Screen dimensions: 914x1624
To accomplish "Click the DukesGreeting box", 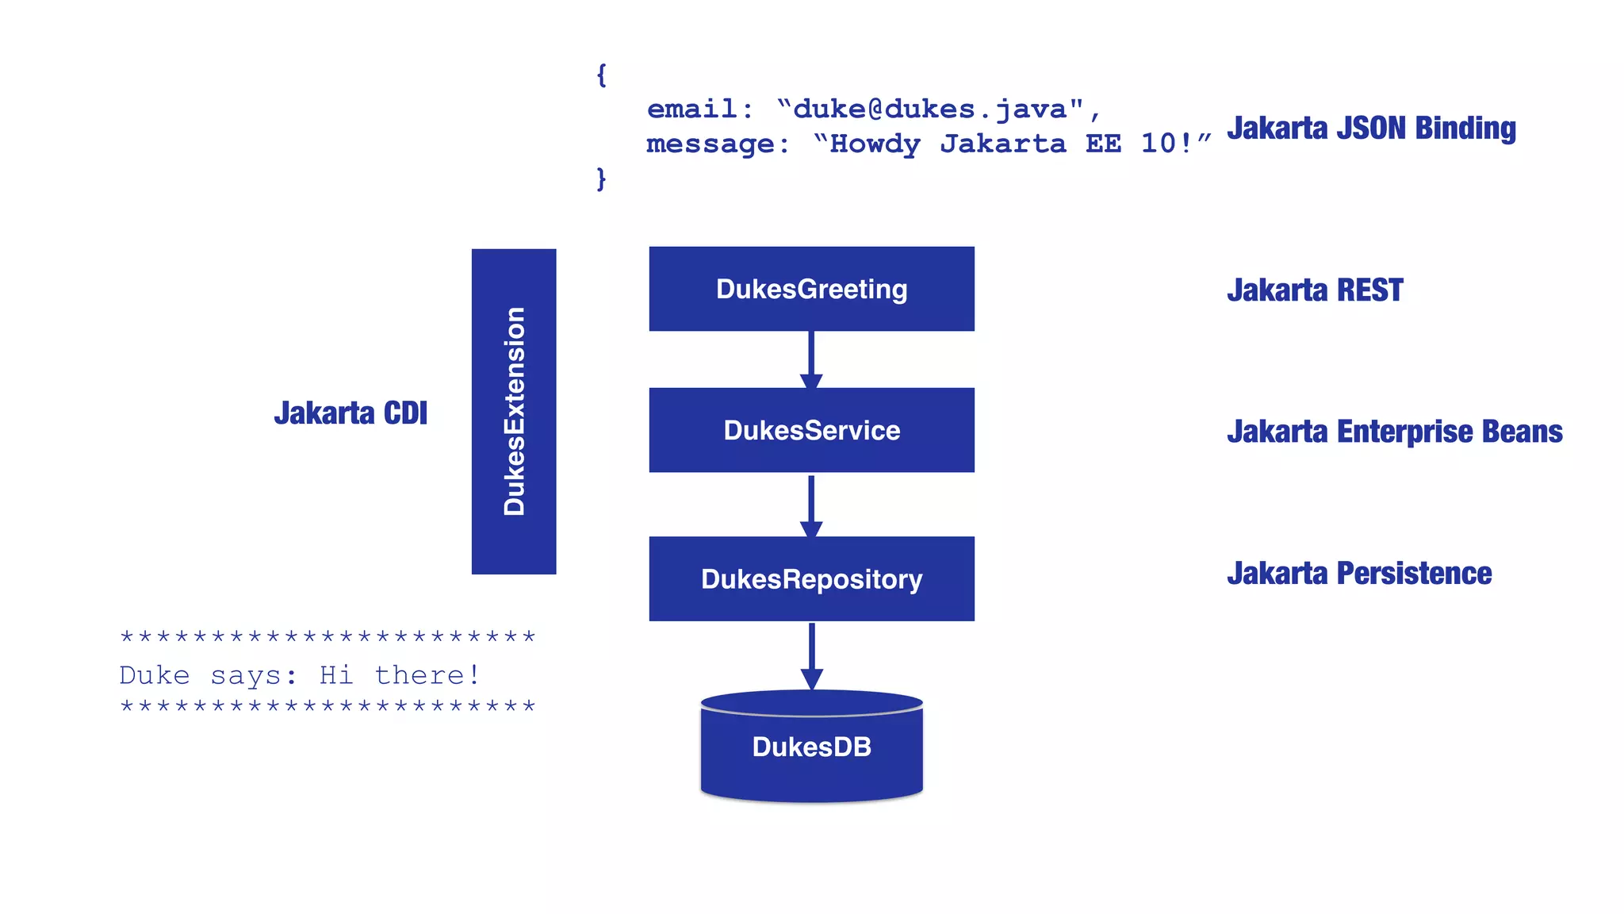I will [811, 289].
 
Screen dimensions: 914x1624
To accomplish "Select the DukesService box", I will [811, 430].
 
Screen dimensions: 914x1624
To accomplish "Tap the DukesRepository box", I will [811, 578].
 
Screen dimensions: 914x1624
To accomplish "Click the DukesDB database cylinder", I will [811, 747].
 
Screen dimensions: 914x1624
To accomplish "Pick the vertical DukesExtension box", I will [514, 411].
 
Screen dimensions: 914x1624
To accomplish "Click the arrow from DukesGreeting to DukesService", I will [810, 359].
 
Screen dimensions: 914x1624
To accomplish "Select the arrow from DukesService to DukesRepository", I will [810, 505].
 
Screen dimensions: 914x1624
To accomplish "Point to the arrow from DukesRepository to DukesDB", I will [811, 655].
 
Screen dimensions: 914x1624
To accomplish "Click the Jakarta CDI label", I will [350, 413].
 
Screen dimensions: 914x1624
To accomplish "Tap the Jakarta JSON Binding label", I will [1371, 129].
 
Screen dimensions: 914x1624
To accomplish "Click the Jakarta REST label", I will [1315, 290].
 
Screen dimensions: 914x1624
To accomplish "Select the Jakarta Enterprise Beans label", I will [1394, 432].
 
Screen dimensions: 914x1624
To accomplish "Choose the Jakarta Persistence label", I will [1359, 573].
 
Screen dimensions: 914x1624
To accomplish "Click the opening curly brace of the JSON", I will [601, 75].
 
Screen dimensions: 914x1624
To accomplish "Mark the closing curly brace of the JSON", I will [601, 179].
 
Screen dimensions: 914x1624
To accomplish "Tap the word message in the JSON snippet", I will [710, 144].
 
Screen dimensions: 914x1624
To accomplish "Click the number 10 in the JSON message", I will [1158, 144].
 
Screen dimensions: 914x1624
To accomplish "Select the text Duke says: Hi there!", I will [300, 675].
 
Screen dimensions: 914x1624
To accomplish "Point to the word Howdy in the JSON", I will [875, 144].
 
